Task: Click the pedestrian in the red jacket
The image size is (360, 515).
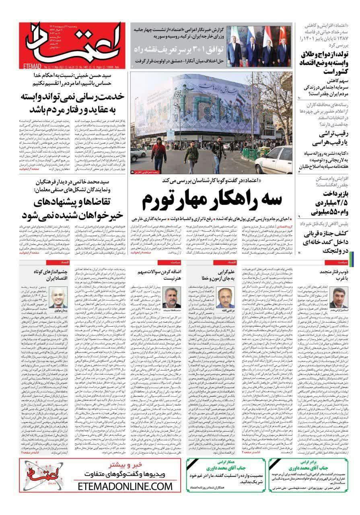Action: coord(158,154)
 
